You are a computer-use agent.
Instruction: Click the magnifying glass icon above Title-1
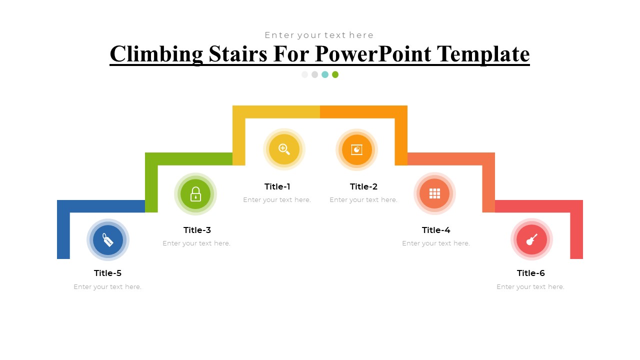pyautogui.click(x=284, y=149)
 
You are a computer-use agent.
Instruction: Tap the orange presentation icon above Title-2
pyautogui.click(x=356, y=149)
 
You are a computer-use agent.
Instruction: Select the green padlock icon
pyautogui.click(x=195, y=194)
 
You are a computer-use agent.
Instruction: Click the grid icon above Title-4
pyautogui.click(x=434, y=193)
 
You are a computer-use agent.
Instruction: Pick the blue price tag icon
pyautogui.click(x=108, y=240)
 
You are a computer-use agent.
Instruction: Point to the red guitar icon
pyautogui.click(x=531, y=239)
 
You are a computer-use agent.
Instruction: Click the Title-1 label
pyautogui.click(x=277, y=186)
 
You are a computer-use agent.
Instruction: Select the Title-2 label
pyautogui.click(x=363, y=186)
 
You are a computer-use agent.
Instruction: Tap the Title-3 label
pyautogui.click(x=197, y=230)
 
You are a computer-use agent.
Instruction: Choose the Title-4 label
pyautogui.click(x=436, y=230)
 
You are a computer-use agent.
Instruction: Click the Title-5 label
pyautogui.click(x=107, y=273)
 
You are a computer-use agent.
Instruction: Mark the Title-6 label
pyautogui.click(x=530, y=273)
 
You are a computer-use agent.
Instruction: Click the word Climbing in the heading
pyautogui.click(x=156, y=54)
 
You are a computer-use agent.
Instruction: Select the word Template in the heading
pyautogui.click(x=483, y=54)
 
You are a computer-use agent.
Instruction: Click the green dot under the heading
pyautogui.click(x=335, y=74)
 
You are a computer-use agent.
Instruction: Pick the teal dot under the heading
pyautogui.click(x=325, y=74)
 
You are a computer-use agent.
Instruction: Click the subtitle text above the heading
pyautogui.click(x=319, y=35)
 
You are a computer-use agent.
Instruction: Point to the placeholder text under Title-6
pyautogui.click(x=530, y=287)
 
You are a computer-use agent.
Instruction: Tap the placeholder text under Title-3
pyautogui.click(x=196, y=243)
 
